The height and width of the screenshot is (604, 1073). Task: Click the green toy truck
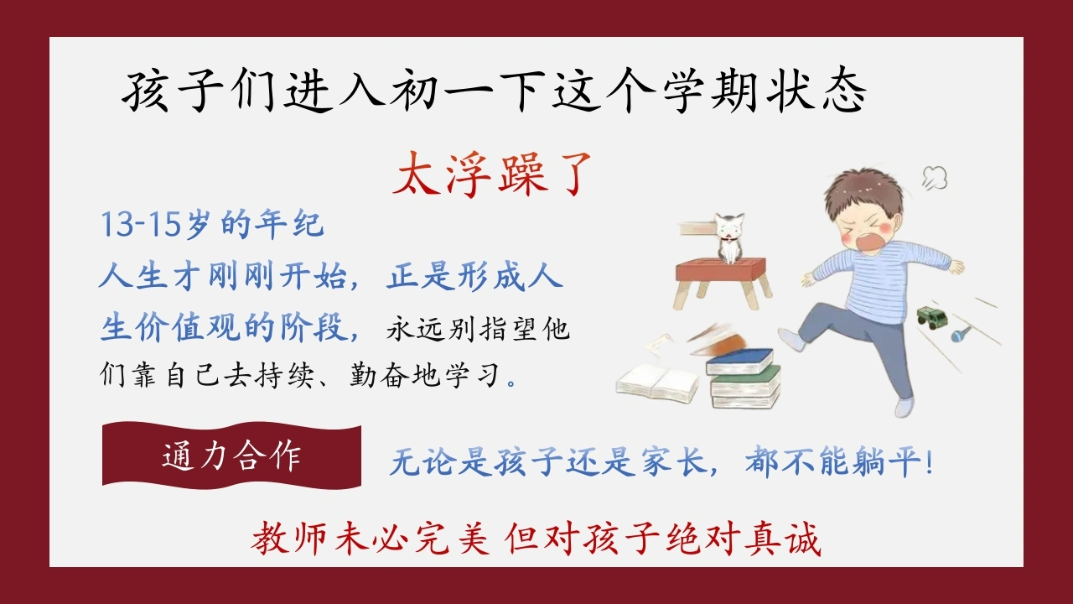click(x=931, y=317)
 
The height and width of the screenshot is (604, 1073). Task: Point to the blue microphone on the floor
click(x=961, y=334)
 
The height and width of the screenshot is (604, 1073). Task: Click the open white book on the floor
click(x=657, y=383)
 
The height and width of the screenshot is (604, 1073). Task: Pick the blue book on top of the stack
click(x=740, y=362)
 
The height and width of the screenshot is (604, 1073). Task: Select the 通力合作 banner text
click(x=231, y=456)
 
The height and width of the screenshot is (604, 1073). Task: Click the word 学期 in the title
click(x=710, y=91)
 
